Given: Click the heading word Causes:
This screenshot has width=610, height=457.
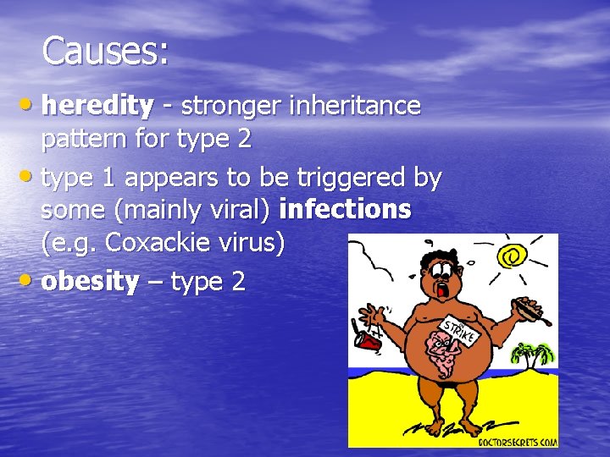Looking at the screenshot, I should point(105,52).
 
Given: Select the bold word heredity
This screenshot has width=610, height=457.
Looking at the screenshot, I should point(97,106).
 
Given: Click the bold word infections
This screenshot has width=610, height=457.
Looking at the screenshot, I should point(349,208).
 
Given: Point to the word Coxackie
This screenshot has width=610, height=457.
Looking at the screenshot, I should point(159,244).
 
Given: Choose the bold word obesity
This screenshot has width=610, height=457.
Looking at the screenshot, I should point(90,282).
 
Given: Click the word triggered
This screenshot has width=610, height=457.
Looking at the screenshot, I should point(348,178).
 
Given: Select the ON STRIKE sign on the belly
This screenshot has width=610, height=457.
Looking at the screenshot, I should point(458,329).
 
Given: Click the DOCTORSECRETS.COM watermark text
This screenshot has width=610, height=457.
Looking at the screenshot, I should point(517,440).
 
